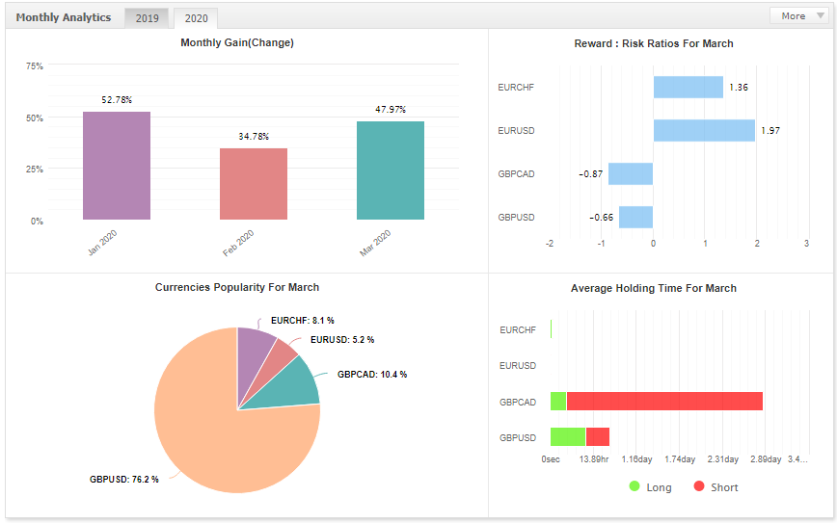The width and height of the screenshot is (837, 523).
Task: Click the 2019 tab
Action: pyautogui.click(x=147, y=18)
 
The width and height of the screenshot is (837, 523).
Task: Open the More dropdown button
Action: pyautogui.click(x=799, y=16)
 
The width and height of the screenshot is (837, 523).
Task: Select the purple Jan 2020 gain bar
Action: pyautogui.click(x=117, y=166)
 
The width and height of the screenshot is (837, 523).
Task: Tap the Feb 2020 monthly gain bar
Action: pyautogui.click(x=254, y=184)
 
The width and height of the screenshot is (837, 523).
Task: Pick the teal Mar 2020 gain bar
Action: pyautogui.click(x=391, y=170)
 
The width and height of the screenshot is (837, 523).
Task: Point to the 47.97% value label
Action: pyautogui.click(x=391, y=109)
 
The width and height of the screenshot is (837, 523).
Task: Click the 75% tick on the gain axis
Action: pyautogui.click(x=35, y=66)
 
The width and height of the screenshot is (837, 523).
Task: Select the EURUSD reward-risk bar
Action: pyautogui.click(x=704, y=131)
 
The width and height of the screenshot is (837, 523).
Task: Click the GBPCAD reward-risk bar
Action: pyautogui.click(x=631, y=173)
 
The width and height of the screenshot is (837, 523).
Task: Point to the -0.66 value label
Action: pyautogui.click(x=601, y=218)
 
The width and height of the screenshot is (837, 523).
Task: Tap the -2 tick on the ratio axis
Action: pyautogui.click(x=550, y=244)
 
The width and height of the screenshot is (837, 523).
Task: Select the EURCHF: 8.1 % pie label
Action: pyautogui.click(x=303, y=321)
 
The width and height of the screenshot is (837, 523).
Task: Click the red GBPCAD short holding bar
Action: pyautogui.click(x=664, y=402)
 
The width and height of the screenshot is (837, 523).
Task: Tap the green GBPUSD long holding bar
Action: pyautogui.click(x=568, y=437)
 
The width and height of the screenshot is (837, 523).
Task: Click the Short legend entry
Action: pyautogui.click(x=715, y=487)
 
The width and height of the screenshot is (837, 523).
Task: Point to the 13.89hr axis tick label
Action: pyautogui.click(x=594, y=459)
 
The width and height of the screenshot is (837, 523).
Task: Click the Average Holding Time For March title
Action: pyautogui.click(x=654, y=288)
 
